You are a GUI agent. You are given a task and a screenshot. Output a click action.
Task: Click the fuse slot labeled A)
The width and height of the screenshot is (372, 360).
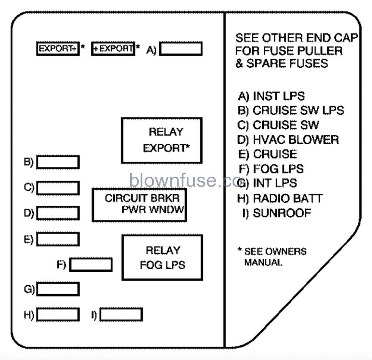click(181, 49)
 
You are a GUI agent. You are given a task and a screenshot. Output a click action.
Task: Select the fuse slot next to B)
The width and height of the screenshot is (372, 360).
click(58, 162)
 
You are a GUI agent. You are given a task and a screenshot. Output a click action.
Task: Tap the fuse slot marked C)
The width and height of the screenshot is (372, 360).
click(58, 188)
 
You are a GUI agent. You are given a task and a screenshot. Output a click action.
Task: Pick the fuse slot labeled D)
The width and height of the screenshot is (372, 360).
click(58, 213)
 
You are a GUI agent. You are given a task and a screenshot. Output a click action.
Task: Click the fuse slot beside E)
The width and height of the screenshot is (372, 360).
click(58, 239)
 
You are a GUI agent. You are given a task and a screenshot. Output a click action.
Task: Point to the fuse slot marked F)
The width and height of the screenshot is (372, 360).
click(90, 264)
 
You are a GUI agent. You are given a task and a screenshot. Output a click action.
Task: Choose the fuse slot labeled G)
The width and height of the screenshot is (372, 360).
click(58, 289)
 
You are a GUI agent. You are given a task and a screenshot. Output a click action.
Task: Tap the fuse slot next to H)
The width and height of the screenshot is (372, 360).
click(58, 315)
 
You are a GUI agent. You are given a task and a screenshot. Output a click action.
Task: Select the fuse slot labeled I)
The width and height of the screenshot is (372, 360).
click(121, 315)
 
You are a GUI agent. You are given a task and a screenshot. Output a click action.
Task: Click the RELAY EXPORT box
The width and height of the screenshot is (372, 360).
click(161, 140)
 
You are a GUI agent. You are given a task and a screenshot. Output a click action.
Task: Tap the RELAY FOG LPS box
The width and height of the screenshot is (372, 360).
click(162, 257)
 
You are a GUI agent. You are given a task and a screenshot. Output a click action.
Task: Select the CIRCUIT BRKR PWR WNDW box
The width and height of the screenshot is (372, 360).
click(139, 205)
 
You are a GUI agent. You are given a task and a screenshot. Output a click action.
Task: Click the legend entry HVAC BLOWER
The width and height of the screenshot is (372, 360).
click(288, 140)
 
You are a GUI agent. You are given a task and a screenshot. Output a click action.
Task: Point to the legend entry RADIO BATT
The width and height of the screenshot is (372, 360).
click(280, 198)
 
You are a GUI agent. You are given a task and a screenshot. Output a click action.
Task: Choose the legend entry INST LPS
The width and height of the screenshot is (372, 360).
click(271, 96)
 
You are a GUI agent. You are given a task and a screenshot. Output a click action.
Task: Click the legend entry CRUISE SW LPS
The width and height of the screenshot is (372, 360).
click(291, 110)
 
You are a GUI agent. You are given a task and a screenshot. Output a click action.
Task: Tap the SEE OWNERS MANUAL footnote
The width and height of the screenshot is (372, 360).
click(272, 256)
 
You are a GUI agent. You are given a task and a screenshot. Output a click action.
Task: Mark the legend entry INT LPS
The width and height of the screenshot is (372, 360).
click(267, 183)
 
